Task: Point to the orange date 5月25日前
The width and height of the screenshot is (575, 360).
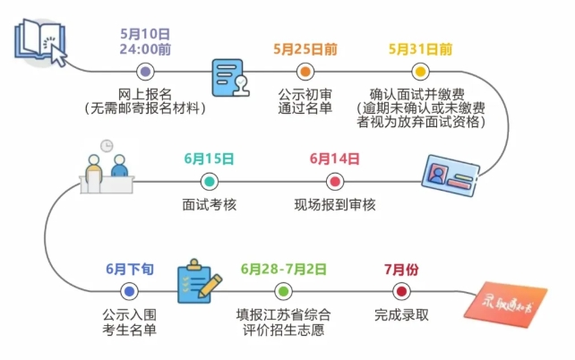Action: [305, 47]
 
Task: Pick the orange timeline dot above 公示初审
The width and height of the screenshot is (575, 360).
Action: [305, 72]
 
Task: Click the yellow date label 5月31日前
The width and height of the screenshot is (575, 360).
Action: [420, 47]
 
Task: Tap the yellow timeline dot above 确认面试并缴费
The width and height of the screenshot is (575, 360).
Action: [420, 72]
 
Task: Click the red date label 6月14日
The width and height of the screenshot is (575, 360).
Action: [334, 159]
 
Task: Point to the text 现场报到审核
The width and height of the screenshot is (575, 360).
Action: [335, 205]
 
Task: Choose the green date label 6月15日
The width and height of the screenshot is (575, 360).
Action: [209, 159]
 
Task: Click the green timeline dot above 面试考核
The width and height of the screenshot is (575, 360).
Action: [209, 182]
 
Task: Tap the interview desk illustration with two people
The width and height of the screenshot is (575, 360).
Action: [107, 170]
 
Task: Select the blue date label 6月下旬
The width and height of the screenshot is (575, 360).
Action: [129, 268]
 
